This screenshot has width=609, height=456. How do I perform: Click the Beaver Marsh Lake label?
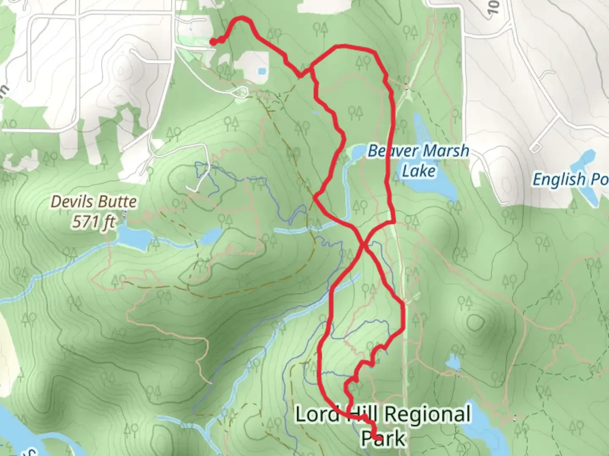(x=418, y=160)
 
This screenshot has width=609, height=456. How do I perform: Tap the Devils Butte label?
(x=93, y=202)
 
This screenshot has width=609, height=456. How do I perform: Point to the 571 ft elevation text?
(x=93, y=221)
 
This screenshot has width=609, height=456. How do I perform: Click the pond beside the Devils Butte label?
(x=133, y=236)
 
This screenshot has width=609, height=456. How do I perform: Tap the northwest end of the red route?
(x=213, y=41)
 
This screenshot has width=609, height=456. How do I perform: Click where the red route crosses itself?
(x=363, y=244)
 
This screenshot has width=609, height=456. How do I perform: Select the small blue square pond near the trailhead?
(x=261, y=71)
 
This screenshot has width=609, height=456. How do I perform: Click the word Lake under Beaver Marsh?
(x=418, y=171)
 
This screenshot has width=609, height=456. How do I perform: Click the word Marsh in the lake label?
(x=447, y=151)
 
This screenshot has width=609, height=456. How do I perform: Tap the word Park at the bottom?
(x=383, y=438)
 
